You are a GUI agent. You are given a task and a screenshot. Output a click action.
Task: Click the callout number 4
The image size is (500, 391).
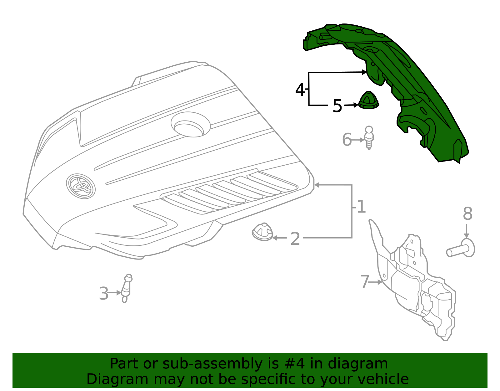click(300, 90)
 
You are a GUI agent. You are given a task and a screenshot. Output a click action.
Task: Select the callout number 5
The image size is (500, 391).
click(337, 106)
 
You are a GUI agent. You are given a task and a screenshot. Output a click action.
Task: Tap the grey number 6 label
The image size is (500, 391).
click(347, 140)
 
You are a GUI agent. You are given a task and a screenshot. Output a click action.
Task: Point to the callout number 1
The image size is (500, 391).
click(361, 207)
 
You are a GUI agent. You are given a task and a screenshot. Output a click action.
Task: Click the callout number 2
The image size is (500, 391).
click(295, 239)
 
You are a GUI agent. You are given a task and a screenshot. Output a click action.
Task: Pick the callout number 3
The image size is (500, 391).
click(103, 294)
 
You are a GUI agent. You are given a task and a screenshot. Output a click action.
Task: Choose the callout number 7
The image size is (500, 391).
click(364, 282)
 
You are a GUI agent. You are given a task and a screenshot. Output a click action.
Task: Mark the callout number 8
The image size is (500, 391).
click(467, 214)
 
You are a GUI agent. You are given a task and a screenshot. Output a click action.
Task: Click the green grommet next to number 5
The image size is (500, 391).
click(368, 101)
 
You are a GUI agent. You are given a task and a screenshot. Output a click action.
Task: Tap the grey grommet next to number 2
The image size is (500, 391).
click(262, 232)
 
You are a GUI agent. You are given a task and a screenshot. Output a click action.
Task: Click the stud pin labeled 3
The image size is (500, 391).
click(126, 288)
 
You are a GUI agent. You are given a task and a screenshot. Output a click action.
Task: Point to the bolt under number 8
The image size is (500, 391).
click(461, 249)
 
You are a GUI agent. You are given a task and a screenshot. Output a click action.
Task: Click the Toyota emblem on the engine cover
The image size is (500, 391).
click(81, 186)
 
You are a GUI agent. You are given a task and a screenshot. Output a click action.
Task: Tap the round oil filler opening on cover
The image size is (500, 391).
click(190, 125)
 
